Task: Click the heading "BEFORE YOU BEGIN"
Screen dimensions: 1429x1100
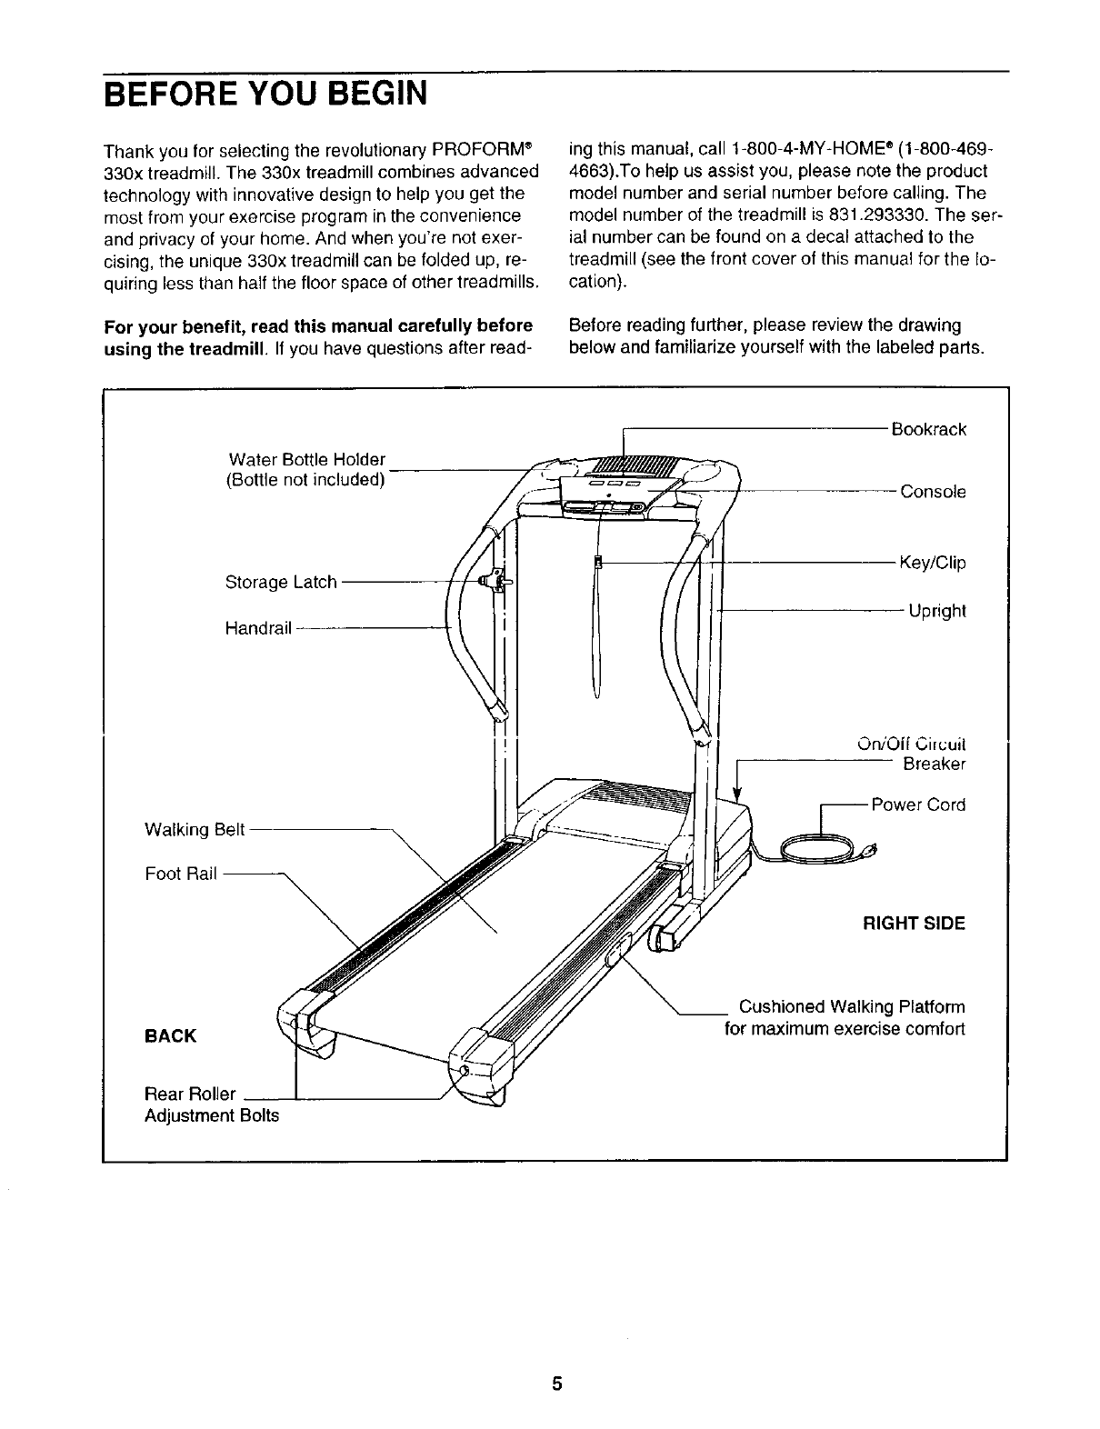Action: [x=265, y=93]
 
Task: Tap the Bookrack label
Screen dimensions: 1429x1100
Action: [x=928, y=429]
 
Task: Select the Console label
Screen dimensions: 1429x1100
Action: [x=933, y=492]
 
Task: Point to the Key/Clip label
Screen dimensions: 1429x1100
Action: [x=932, y=563]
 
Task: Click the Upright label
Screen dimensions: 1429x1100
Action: [x=936, y=611]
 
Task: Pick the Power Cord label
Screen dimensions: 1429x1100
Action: [x=918, y=804]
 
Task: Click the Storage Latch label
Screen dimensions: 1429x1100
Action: [x=281, y=582]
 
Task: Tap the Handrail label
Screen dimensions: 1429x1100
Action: [x=258, y=628]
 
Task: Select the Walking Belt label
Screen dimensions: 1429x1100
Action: [x=195, y=829]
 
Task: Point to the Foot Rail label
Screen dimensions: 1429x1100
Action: [x=181, y=874]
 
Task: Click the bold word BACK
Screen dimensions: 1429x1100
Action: [x=170, y=1036]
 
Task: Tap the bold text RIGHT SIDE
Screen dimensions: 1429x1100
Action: [x=914, y=924]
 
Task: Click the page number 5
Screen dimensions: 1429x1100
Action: [x=557, y=1384]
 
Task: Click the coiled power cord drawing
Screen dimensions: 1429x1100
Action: [x=814, y=852]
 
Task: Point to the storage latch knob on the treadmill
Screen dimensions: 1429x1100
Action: [x=495, y=578]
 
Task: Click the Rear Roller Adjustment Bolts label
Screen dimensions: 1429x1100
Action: [x=211, y=1104]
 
